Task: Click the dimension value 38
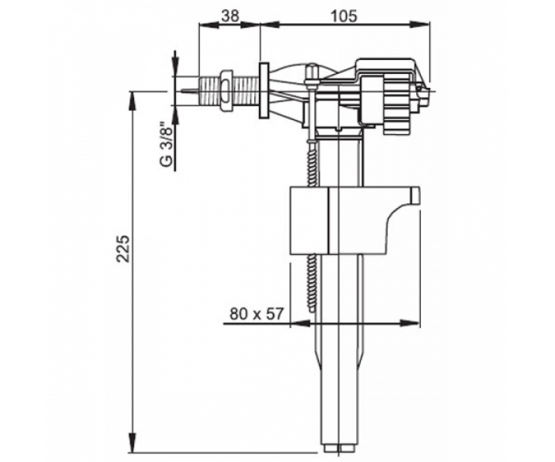pos(231,16)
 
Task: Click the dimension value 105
pos(344,16)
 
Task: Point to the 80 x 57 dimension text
pos(256,314)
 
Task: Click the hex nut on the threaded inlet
pos(227,91)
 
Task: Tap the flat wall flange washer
pos(264,91)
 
